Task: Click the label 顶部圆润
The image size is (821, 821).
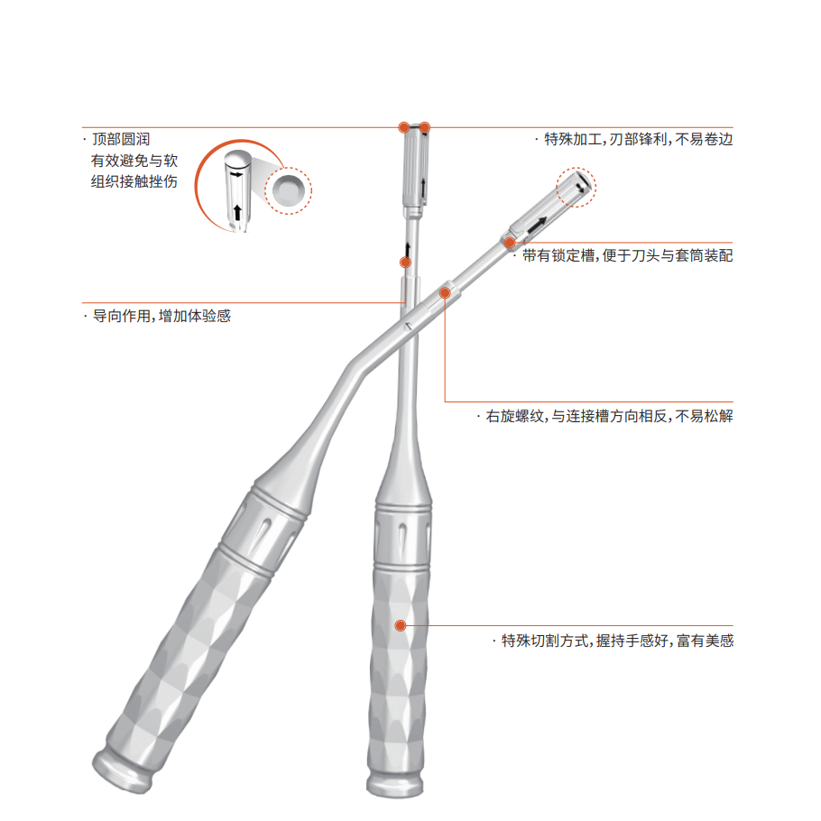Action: tap(121, 139)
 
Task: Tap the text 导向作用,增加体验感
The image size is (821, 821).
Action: tap(161, 316)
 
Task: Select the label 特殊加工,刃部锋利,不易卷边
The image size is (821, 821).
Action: tap(638, 139)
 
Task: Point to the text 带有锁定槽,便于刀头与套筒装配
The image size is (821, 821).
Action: tap(627, 255)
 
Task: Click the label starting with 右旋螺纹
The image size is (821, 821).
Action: tap(610, 416)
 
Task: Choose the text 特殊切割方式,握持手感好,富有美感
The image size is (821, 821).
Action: tap(617, 641)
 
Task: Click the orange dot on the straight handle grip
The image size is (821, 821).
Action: tap(401, 625)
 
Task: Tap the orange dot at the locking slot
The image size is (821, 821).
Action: tap(510, 243)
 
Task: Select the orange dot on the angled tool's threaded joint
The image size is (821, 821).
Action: tap(445, 292)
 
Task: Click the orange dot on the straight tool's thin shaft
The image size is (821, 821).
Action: tap(405, 263)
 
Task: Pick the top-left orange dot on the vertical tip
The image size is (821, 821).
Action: tap(403, 127)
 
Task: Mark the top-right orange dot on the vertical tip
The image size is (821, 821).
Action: tap(425, 127)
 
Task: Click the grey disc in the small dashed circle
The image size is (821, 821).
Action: tap(289, 189)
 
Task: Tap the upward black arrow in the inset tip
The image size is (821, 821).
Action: tap(237, 212)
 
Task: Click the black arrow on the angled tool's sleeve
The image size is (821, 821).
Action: tap(537, 225)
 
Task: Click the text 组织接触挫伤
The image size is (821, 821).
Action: tap(134, 181)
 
